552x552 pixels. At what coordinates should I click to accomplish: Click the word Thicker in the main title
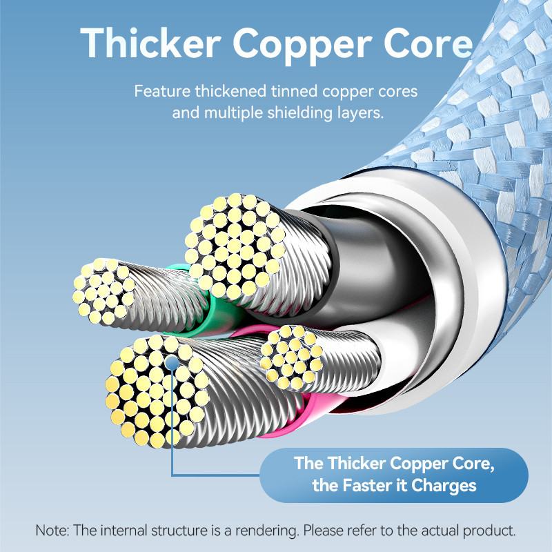pyautogui.click(x=150, y=43)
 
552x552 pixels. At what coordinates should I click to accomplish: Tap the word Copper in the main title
pyautogui.click(x=302, y=46)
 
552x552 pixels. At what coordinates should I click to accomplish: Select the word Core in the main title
pyautogui.click(x=428, y=43)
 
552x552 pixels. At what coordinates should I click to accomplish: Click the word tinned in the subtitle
pyautogui.click(x=295, y=91)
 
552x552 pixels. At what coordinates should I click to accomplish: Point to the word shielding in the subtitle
pyautogui.click(x=299, y=113)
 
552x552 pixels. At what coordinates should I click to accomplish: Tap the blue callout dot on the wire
pyautogui.click(x=171, y=363)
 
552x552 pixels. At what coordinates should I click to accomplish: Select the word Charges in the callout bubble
pyautogui.click(x=444, y=486)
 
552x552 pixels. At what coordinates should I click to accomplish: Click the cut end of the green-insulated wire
pyautogui.click(x=104, y=291)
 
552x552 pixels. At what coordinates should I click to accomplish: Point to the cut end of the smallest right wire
pyautogui.click(x=292, y=357)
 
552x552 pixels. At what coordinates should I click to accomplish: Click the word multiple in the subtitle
pyautogui.click(x=233, y=113)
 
